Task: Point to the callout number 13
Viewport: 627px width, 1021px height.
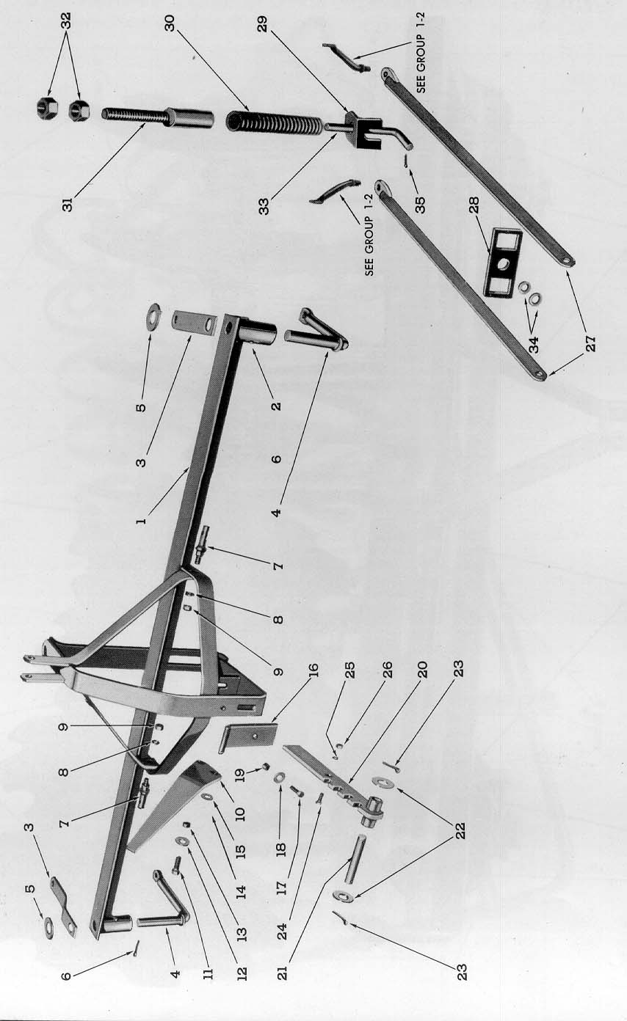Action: point(242,932)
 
